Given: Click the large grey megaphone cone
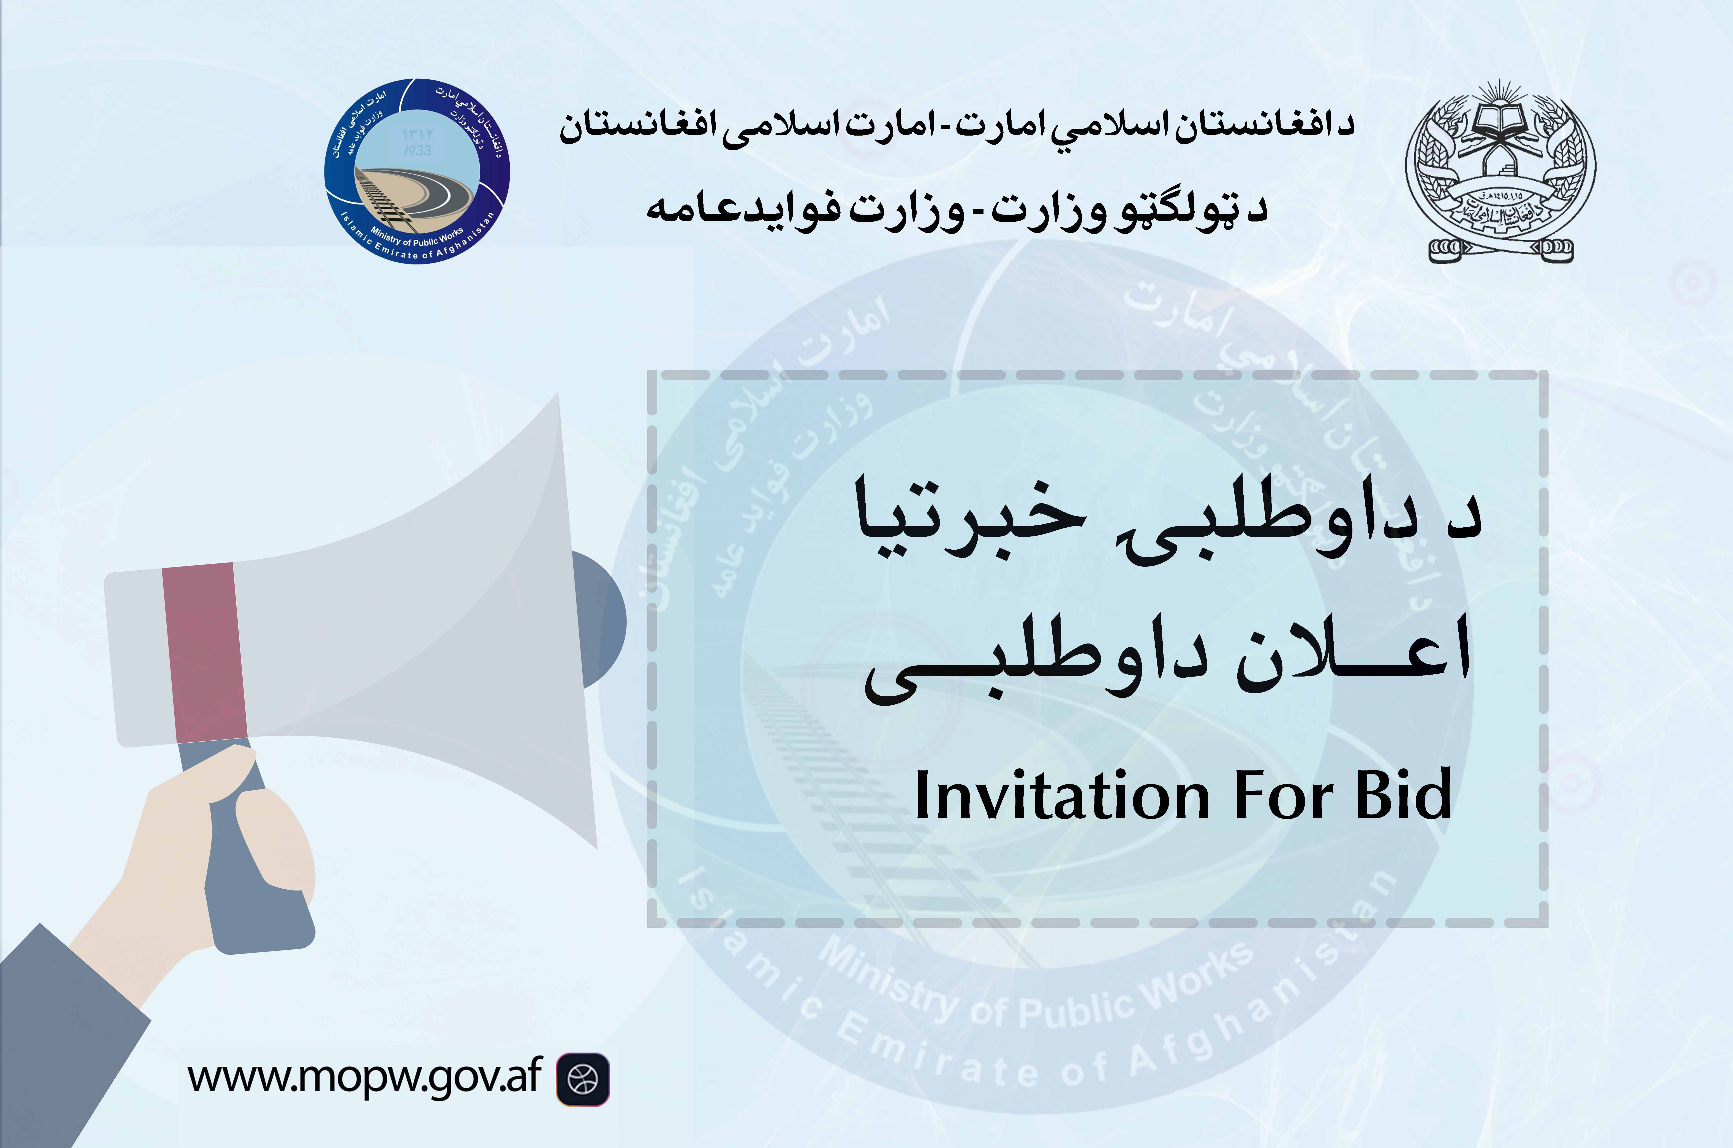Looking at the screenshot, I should tap(439, 622).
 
